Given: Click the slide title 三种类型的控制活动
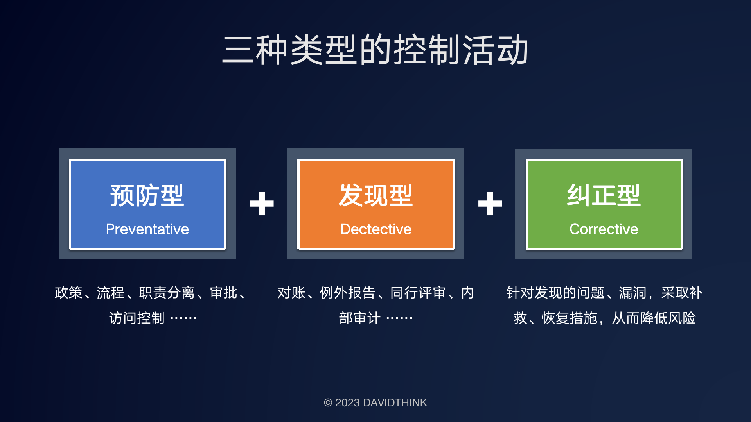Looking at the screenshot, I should coord(375,50).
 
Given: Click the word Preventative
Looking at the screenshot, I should coord(147,229).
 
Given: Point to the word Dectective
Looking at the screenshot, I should coord(376,229).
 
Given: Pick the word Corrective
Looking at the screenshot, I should coord(604,229).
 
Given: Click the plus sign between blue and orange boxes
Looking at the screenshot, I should coord(262,204).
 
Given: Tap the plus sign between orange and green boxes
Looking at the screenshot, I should coord(490,204).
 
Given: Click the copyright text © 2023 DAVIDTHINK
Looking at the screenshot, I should coord(375,402).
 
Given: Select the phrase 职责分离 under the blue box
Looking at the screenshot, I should coord(167,293).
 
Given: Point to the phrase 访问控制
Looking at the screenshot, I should coord(137,318).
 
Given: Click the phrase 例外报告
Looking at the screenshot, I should coord(348,293).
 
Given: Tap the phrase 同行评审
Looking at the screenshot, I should coord(418,293).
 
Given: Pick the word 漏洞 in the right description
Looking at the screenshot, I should coord(632,293).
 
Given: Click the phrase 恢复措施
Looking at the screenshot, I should coord(570,318).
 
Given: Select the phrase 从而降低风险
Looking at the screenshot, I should coord(654,318).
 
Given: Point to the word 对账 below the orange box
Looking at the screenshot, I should coord(291,293).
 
